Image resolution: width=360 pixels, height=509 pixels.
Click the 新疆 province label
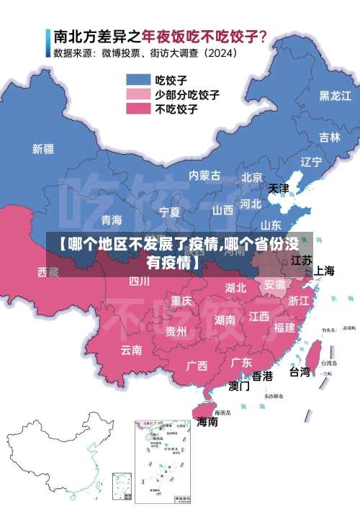tap(43, 149)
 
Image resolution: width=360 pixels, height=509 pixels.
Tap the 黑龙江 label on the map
tap(335, 95)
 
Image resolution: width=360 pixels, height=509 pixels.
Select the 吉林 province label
tap(330, 138)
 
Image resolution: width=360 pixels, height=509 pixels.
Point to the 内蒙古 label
tap(204, 175)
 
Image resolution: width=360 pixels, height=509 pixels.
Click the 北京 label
tap(252, 177)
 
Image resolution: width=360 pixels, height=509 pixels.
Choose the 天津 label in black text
tap(279, 189)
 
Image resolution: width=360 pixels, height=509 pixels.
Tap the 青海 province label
tap(112, 220)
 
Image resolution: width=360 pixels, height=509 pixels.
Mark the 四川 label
tap(140, 281)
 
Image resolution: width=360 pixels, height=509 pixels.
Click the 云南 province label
tap(131, 350)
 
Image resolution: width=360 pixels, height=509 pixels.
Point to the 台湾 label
tap(300, 372)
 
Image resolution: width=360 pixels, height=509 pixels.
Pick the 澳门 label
tap(239, 386)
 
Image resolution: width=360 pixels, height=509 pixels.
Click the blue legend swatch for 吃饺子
tap(138, 79)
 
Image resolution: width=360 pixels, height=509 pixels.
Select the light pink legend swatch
tap(138, 94)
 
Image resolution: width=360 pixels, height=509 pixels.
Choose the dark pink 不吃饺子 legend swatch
tap(138, 108)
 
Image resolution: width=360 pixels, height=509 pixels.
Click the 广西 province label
tap(197, 365)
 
